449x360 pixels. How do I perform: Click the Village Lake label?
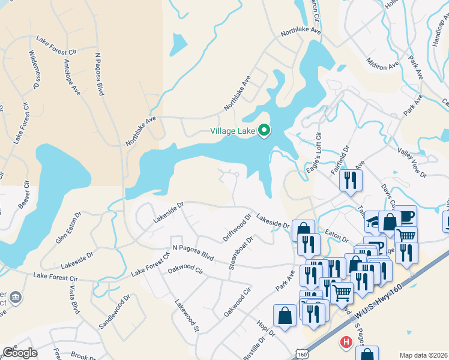(232, 131)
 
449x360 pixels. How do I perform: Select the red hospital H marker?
(346, 343)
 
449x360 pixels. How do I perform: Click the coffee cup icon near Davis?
(405, 216)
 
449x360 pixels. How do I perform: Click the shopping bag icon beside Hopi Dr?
(284, 316)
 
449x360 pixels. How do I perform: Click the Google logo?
(20, 353)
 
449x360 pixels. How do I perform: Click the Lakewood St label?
(187, 316)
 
